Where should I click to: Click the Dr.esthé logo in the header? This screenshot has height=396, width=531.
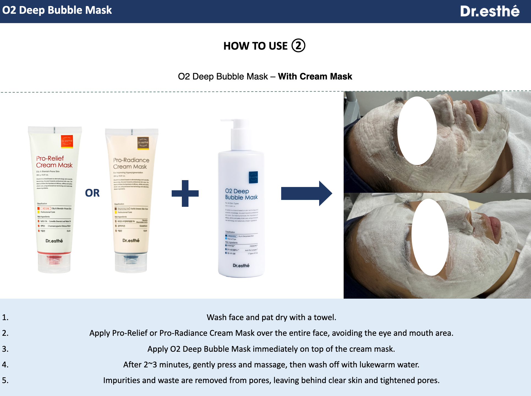click(489, 11)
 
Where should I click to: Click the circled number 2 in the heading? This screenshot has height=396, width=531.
click(298, 46)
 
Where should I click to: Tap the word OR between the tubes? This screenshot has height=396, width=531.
click(92, 193)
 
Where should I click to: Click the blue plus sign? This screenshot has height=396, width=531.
click(185, 193)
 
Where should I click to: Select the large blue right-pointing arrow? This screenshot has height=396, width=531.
click(306, 193)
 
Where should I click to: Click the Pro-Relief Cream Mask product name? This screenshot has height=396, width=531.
click(54, 162)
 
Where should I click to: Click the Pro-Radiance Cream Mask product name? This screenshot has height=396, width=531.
click(131, 163)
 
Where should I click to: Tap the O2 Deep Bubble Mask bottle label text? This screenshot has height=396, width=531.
click(241, 194)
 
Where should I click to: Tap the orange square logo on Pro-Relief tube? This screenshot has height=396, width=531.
click(67, 141)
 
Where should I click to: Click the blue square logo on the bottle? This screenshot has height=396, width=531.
click(253, 177)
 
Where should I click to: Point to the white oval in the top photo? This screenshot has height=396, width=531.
click(417, 131)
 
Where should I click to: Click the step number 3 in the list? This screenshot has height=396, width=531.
click(5, 349)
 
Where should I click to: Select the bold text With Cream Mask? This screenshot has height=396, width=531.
click(315, 76)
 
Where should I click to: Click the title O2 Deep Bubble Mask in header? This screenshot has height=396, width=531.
click(57, 10)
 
